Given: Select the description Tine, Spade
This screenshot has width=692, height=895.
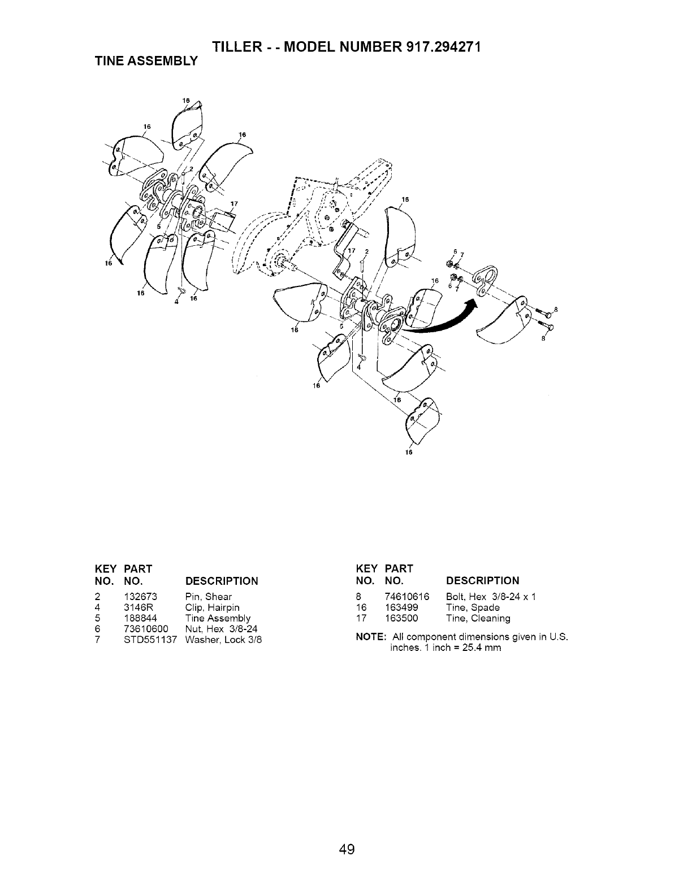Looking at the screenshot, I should click(x=473, y=607).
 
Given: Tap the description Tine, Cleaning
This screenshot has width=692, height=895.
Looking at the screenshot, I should click(x=478, y=618).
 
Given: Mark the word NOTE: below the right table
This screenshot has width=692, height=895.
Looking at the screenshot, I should click(x=371, y=637).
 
